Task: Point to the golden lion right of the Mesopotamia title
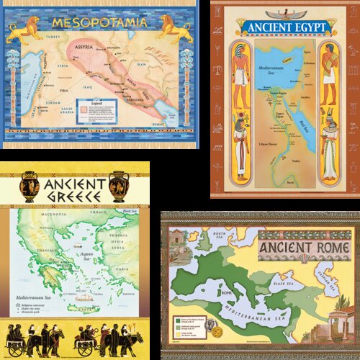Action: pyautogui.click(x=176, y=27)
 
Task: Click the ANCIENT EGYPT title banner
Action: pyautogui.click(x=287, y=28)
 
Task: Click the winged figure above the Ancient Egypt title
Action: pyautogui.click(x=286, y=13)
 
